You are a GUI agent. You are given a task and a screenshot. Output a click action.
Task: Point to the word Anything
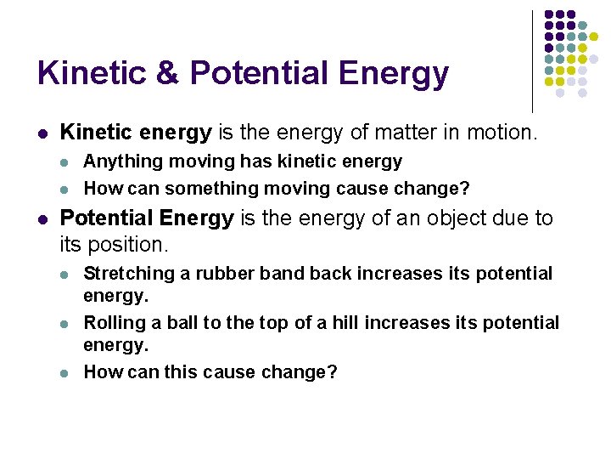116,161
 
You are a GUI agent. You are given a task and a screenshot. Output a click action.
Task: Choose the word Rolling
113,323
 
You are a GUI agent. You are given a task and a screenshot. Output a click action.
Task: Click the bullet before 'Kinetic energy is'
42,133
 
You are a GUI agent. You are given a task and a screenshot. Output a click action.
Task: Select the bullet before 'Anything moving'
66,162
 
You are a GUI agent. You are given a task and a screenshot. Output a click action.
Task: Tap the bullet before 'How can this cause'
66,373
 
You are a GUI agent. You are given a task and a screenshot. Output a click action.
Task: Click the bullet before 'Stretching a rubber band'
66,275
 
